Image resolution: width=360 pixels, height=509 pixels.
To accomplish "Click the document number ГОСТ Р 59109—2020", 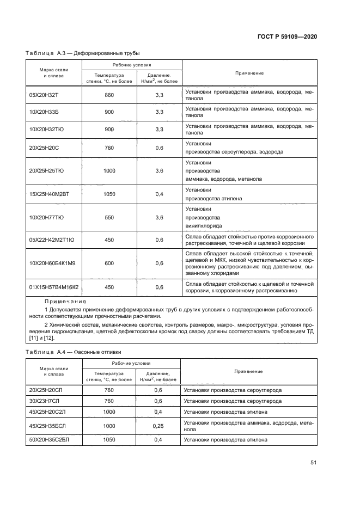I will click(287, 36).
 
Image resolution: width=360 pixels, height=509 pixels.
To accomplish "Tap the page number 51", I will click(313, 463).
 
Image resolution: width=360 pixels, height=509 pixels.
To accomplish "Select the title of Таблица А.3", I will click(83, 53).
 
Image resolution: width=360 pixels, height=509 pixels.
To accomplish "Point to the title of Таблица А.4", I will click(74, 352).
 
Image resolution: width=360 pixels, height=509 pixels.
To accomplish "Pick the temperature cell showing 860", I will click(109, 95).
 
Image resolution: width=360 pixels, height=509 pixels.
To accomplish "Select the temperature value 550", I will click(109, 217).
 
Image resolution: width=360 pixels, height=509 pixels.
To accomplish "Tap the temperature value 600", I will click(109, 263).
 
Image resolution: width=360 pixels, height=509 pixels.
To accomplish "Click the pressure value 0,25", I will click(158, 425).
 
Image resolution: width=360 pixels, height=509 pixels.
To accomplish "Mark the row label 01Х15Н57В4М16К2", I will click(53, 287).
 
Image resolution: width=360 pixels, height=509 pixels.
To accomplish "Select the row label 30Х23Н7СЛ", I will click(45, 401).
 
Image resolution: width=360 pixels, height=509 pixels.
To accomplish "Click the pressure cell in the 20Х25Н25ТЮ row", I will click(160, 171).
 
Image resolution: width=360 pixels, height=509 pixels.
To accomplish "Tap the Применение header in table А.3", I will click(249, 73).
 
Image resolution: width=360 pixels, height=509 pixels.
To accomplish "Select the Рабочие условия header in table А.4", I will click(131, 363).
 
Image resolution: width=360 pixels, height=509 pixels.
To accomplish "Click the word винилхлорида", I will click(204, 225).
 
